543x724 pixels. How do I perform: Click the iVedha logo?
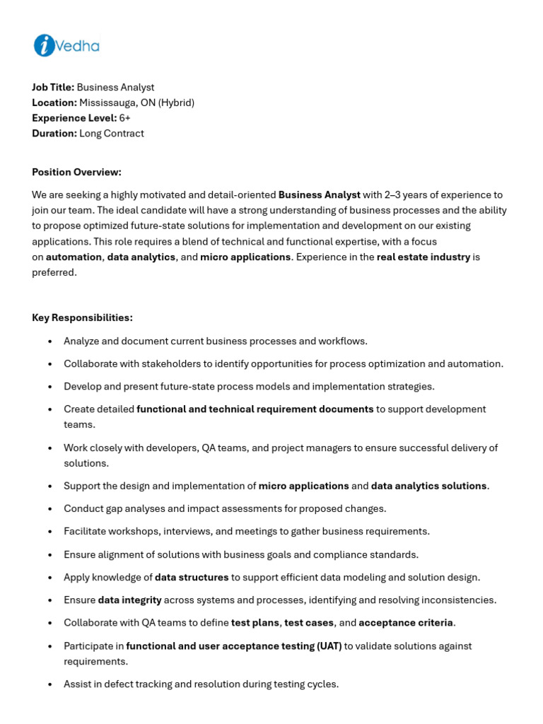click(66, 46)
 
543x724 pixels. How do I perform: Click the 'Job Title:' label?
click(53, 87)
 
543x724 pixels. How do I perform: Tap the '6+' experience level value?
click(125, 118)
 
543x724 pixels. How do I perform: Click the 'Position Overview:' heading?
click(76, 172)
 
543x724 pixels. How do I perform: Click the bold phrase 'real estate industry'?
click(424, 257)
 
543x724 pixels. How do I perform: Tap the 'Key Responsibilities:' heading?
click(82, 317)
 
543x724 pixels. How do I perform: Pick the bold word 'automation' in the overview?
click(74, 257)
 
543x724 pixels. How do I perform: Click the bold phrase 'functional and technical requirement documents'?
click(255, 409)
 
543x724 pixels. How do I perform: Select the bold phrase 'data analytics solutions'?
click(428, 486)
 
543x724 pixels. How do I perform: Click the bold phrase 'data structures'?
click(192, 577)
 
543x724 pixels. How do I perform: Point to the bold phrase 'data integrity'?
click(130, 600)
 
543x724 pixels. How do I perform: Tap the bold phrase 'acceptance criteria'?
click(406, 623)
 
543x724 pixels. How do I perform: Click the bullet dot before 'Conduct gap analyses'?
click(49, 509)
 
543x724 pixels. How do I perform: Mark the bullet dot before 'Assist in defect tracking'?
click(49, 684)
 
